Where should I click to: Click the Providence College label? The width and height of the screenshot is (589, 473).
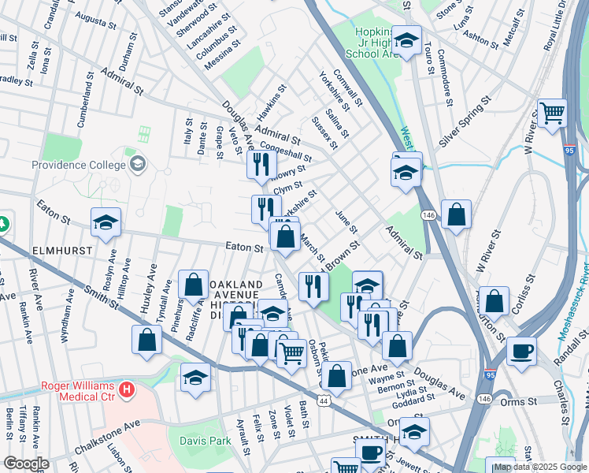[79, 165]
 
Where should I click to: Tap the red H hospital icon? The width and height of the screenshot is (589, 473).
[126, 389]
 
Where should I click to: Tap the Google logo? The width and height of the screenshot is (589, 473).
[26, 464]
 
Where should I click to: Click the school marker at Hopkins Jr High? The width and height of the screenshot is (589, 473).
[407, 42]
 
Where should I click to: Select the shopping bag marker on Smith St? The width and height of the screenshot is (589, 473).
[147, 340]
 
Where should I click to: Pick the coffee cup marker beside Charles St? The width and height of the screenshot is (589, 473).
[520, 351]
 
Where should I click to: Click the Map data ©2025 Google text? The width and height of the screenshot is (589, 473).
[540, 467]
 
